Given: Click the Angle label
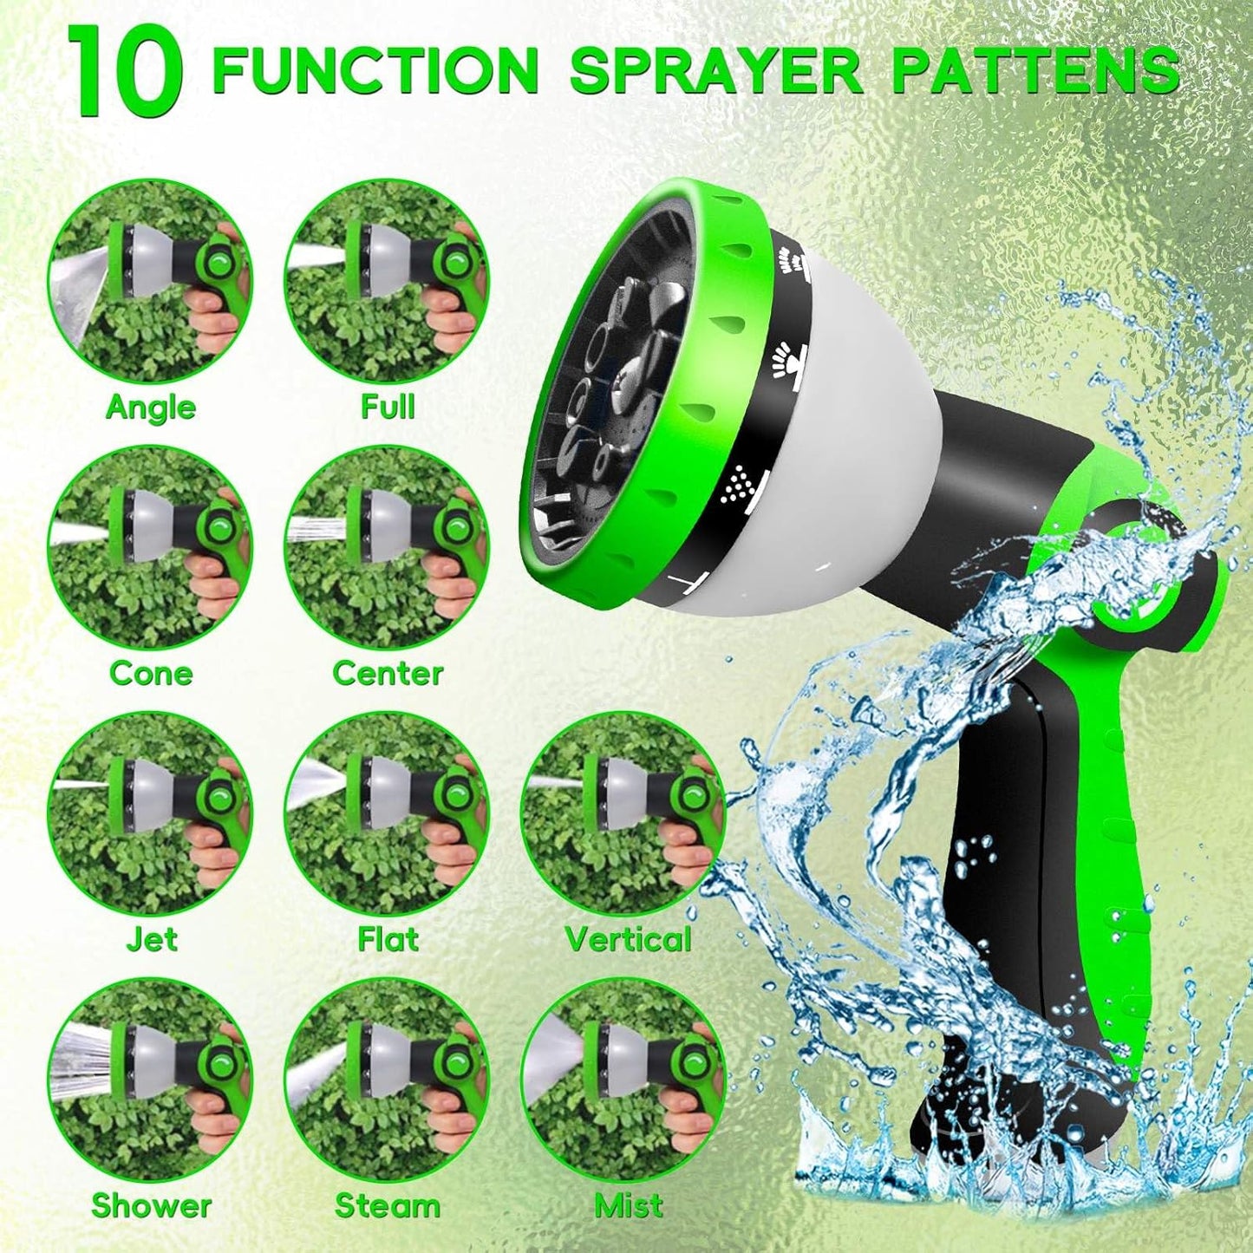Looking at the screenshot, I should pyautogui.click(x=151, y=407).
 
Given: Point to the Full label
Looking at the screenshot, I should pyautogui.click(x=388, y=407).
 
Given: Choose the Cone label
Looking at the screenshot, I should pyautogui.click(x=151, y=673).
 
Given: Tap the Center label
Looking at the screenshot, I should pyautogui.click(x=388, y=673).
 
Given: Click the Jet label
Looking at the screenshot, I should pyautogui.click(x=151, y=939).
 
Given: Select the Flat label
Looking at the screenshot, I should pyautogui.click(x=388, y=939).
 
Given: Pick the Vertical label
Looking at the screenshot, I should pyautogui.click(x=628, y=939).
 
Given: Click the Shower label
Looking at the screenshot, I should pyautogui.click(x=151, y=1205).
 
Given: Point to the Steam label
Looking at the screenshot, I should pyautogui.click(x=388, y=1205).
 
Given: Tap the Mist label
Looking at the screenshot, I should pyautogui.click(x=628, y=1205).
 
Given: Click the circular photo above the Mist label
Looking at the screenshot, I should pyautogui.click(x=623, y=1079).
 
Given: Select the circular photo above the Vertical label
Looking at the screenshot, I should pyautogui.click(x=623, y=812).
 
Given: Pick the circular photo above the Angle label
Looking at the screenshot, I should pyautogui.click(x=150, y=282).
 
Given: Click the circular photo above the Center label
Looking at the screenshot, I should pyautogui.click(x=387, y=548).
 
